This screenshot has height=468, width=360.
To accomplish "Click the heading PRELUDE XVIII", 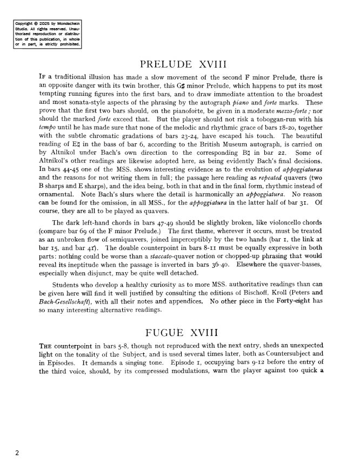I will [x=179, y=64].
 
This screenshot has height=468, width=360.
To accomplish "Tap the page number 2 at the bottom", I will [x=17, y=453].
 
